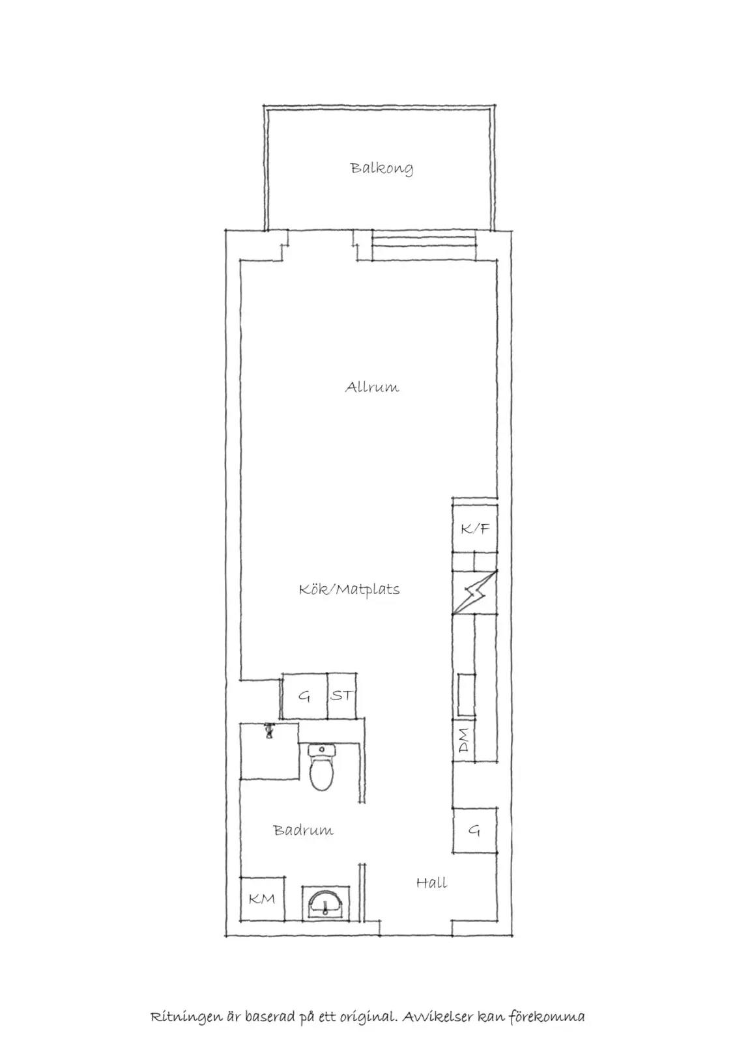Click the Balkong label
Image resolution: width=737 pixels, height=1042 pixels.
tap(382, 169)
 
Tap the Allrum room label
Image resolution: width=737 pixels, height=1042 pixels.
tap(372, 387)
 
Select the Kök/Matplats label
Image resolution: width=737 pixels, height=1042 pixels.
tap(349, 589)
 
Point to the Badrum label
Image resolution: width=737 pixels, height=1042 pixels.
tap(303, 830)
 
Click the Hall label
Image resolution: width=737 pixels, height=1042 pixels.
tap(431, 882)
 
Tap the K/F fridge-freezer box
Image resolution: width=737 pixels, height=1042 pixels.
tap(474, 528)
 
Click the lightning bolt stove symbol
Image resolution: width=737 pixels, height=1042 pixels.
tap(475, 592)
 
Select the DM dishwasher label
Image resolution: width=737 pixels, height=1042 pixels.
tap(464, 741)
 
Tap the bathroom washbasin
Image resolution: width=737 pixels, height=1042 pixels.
tap(325, 903)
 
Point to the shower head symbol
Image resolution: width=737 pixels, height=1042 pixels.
tap(268, 730)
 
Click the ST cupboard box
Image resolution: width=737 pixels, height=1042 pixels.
tap(342, 696)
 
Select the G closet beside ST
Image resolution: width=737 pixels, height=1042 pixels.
tap(304, 696)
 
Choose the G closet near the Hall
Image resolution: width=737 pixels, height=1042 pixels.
tap(475, 830)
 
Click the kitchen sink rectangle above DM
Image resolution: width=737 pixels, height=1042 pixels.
tap(466, 694)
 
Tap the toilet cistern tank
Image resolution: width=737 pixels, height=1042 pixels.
tap(321, 750)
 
